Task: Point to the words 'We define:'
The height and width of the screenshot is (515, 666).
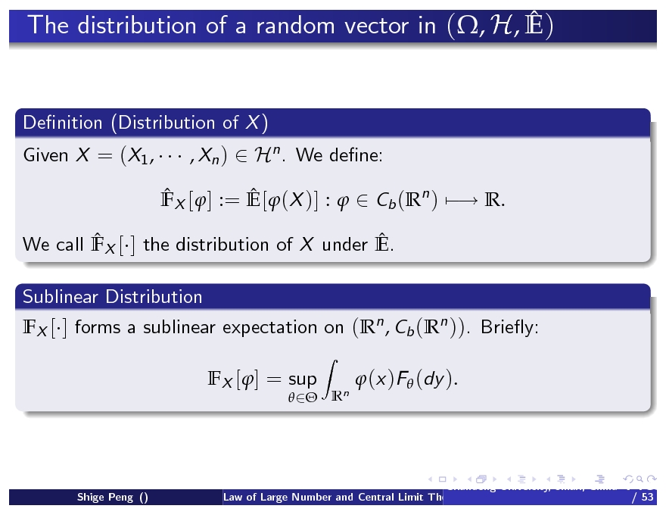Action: [340, 157]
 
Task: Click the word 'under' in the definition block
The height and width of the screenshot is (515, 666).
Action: [344, 245]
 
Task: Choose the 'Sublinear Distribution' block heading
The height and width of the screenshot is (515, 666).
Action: [113, 296]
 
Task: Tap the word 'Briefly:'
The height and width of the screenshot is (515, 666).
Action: [509, 328]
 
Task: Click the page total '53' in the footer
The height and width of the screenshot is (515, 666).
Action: [646, 498]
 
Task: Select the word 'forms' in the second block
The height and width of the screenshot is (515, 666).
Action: [94, 328]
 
